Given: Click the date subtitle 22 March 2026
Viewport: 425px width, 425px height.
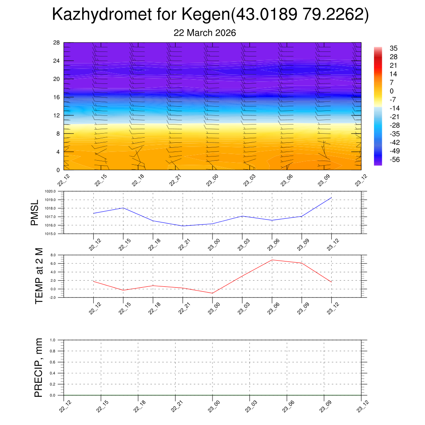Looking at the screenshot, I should coord(205,33).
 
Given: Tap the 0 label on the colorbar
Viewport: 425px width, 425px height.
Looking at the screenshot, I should coord(391,91).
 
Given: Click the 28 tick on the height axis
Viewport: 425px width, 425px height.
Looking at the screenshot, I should coord(57,43).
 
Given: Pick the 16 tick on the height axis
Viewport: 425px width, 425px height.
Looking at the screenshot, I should coord(57,97).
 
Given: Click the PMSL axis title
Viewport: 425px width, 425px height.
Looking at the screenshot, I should coord(34,212).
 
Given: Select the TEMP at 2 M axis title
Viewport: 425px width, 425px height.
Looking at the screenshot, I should coord(39,276).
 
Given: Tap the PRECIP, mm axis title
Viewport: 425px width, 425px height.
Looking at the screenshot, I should coord(39,367).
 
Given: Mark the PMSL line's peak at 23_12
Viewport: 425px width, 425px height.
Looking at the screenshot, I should coord(331,198).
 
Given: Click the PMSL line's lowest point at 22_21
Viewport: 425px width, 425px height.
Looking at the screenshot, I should coord(183,226).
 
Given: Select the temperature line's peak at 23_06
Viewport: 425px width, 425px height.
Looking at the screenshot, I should coord(272,260).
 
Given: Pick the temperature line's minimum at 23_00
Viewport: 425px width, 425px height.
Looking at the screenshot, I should coord(212,293).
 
